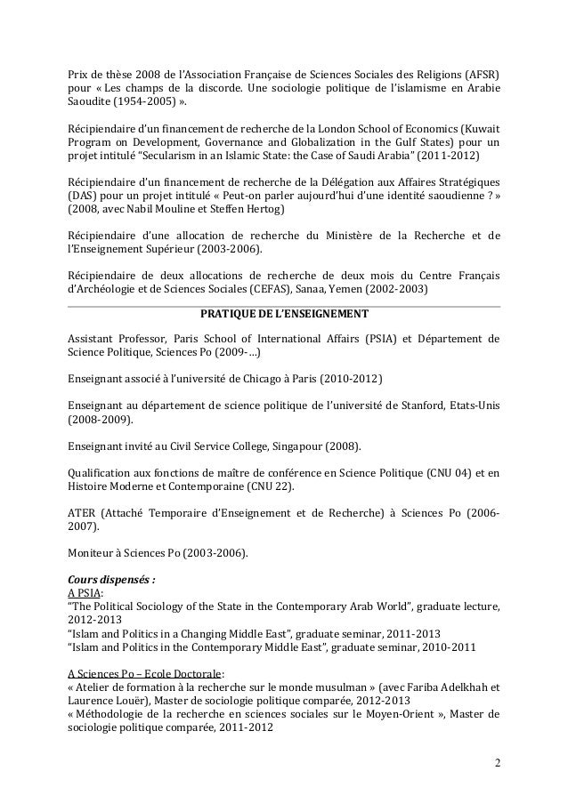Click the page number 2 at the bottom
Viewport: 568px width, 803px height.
click(496, 763)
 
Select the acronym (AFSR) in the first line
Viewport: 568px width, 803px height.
click(480, 73)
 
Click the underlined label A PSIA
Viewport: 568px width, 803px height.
click(87, 593)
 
